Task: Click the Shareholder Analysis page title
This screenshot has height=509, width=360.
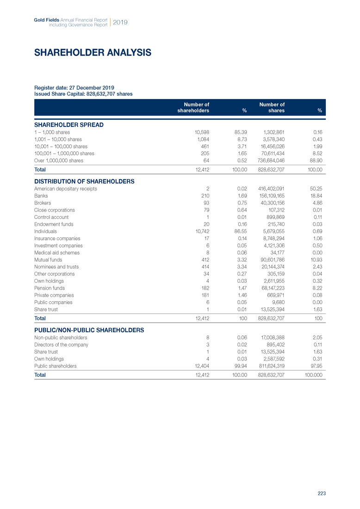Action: [93, 53]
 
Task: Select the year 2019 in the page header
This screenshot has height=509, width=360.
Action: [120, 22]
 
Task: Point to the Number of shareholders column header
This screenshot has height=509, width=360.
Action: [193, 108]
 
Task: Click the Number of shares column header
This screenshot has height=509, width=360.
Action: [272, 108]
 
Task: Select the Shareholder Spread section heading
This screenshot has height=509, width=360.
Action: [69, 125]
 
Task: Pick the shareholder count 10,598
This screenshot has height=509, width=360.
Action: [200, 132]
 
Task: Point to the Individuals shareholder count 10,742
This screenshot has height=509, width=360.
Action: [200, 231]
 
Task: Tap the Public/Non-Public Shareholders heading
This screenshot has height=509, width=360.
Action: [89, 330]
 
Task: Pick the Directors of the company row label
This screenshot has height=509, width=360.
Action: [62, 345]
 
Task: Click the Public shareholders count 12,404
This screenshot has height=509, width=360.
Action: [200, 366]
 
